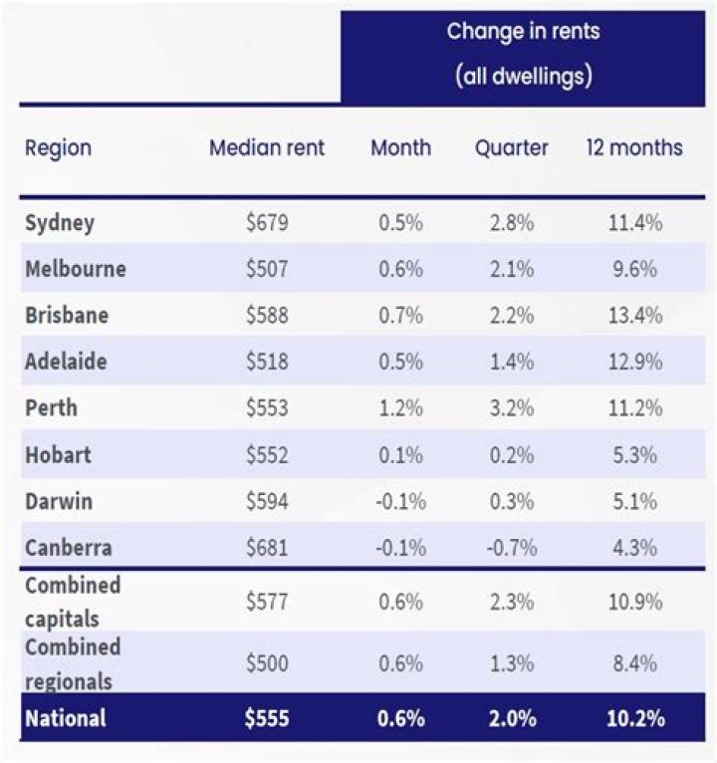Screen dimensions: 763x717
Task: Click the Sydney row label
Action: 60,222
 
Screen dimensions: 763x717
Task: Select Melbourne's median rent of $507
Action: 267,269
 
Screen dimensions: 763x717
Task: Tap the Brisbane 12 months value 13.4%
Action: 634,316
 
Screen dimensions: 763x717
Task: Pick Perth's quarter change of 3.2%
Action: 512,408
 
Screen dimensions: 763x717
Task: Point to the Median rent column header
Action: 267,148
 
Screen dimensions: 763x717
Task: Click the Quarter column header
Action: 512,148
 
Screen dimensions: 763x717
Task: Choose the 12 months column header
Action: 634,148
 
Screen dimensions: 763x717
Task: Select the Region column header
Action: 58,148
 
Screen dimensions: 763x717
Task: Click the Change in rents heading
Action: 523,31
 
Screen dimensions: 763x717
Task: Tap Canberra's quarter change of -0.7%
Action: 512,548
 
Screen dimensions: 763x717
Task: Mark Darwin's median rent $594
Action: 267,501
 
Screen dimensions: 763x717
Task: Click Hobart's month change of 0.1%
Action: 400,455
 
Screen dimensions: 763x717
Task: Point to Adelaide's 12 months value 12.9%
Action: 634,362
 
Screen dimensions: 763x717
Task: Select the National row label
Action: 66,717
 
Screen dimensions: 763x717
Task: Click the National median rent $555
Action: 267,717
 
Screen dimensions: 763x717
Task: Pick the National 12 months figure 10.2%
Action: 634,717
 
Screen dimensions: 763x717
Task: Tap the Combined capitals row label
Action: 73,603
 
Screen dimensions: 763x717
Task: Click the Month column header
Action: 400,148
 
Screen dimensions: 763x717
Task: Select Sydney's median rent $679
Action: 267,222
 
